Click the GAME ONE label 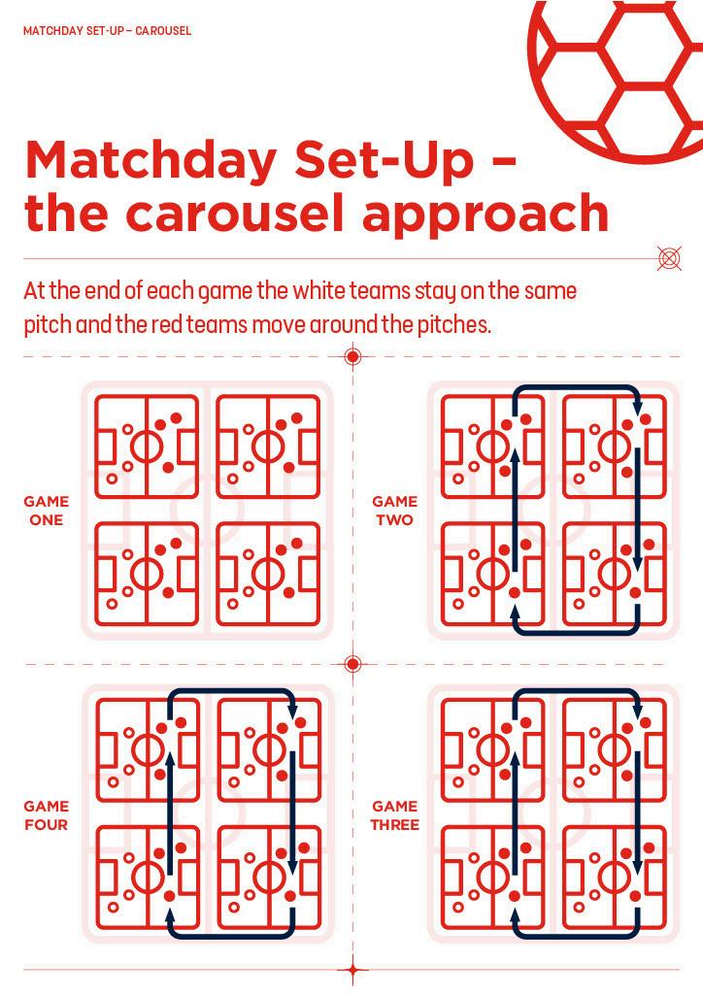tap(47, 511)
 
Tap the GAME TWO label tap(394, 511)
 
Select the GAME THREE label tap(395, 815)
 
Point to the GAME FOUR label tap(47, 815)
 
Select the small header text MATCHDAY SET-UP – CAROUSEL tap(107, 30)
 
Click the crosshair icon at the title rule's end tap(669, 258)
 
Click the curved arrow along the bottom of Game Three tap(576, 936)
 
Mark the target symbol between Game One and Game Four tap(353, 664)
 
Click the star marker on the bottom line tap(353, 970)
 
